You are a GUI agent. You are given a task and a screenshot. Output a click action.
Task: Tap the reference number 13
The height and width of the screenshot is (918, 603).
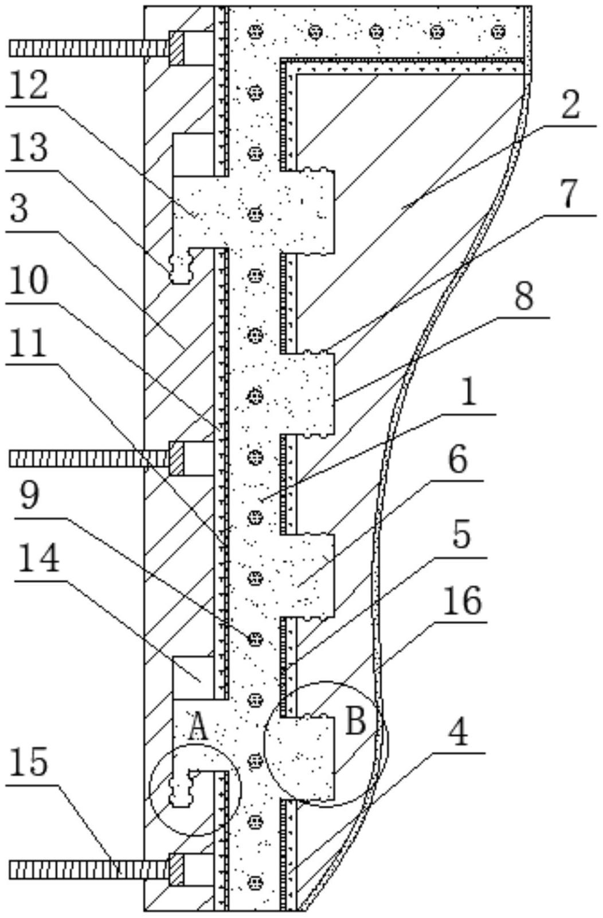pos(29,148)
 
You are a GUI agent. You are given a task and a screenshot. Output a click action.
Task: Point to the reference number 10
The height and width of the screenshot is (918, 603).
pos(29,281)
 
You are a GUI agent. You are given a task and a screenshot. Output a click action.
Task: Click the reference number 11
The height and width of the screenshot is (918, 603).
pos(29,346)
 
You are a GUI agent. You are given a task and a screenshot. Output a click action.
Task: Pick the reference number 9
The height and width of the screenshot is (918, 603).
pos(29,497)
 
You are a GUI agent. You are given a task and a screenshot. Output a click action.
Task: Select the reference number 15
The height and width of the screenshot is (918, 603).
pos(29,762)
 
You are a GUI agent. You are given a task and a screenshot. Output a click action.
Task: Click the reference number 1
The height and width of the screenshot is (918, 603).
pos(468,394)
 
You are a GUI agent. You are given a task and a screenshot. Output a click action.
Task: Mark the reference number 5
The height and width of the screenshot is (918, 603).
pos(460,536)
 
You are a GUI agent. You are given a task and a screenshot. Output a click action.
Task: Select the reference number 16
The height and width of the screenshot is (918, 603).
pos(463,601)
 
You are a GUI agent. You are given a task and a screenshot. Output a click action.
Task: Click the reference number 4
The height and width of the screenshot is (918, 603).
pos(458,732)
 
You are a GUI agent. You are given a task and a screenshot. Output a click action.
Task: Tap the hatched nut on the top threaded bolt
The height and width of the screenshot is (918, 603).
pos(177,47)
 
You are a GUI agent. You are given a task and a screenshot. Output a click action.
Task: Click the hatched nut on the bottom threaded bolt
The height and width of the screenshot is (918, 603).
pos(177,869)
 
